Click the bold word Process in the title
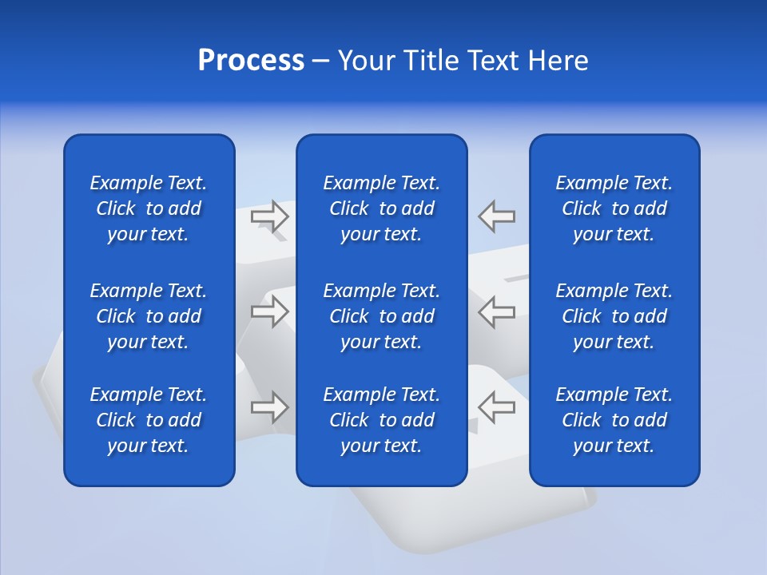click(x=251, y=61)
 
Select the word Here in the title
click(x=558, y=61)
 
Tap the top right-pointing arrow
click(x=270, y=216)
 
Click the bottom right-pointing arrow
click(x=270, y=406)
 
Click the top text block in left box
click(x=149, y=208)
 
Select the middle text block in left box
click(x=149, y=316)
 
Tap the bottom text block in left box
click(x=149, y=420)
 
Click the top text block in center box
click(x=382, y=208)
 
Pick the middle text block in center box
click(x=382, y=316)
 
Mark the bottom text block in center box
click(x=382, y=420)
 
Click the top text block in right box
click(x=614, y=208)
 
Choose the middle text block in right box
click(x=614, y=316)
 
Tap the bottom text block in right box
click(x=614, y=420)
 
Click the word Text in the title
click(x=495, y=61)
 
